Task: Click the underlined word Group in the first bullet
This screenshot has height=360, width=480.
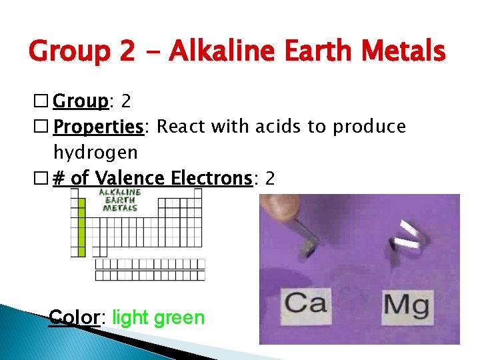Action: pyautogui.click(x=80, y=101)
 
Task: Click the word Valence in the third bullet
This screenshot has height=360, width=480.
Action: pyautogui.click(x=130, y=178)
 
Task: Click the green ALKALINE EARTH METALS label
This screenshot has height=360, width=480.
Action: pyautogui.click(x=121, y=199)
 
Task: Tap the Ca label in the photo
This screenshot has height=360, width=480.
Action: pyautogui.click(x=307, y=304)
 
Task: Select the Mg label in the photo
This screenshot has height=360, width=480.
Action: pyautogui.click(x=407, y=305)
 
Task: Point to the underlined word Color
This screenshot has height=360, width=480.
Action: pyautogui.click(x=74, y=317)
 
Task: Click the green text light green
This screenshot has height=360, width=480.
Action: pyautogui.click(x=159, y=317)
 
